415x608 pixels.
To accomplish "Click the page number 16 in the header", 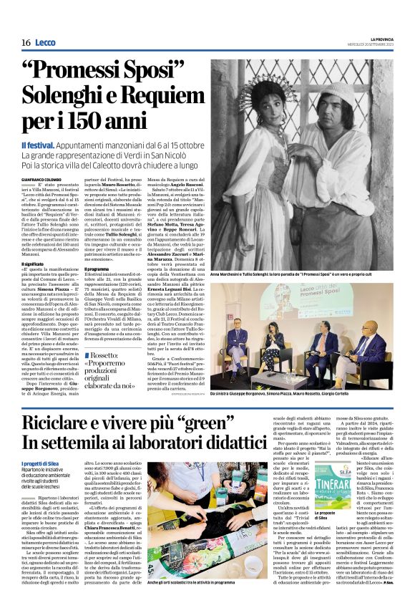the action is (26, 42).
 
